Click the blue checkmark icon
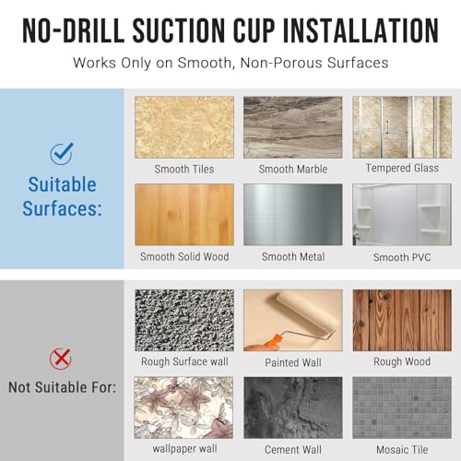pyautogui.click(x=62, y=153)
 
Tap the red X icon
pyautogui.click(x=61, y=359)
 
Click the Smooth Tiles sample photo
pyautogui.click(x=184, y=127)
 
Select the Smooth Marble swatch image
pyautogui.click(x=293, y=127)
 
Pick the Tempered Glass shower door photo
pyautogui.click(x=402, y=127)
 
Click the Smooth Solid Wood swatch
pyautogui.click(x=184, y=215)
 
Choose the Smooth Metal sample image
pyautogui.click(x=293, y=215)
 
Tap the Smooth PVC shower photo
pyautogui.click(x=402, y=215)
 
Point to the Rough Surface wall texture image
pyautogui.click(x=184, y=320)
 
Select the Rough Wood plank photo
pyautogui.click(x=402, y=320)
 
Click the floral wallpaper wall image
pyautogui.click(x=183, y=408)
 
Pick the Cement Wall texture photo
pyautogui.click(x=293, y=408)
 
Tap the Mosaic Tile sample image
pyautogui.click(x=402, y=408)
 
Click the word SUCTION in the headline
pyautogui.click(x=179, y=30)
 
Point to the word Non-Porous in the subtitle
pyautogui.click(x=280, y=63)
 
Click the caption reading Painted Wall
pyautogui.click(x=293, y=362)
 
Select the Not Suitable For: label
pyautogui.click(x=63, y=387)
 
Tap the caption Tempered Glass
pyautogui.click(x=402, y=168)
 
